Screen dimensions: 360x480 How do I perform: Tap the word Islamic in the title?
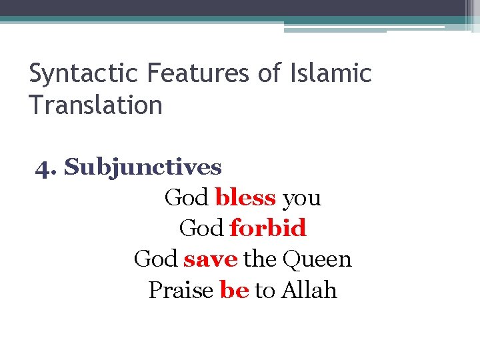pos(331,73)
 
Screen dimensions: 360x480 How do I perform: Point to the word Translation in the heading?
pos(96,105)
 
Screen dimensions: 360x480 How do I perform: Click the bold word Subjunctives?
pos(143,167)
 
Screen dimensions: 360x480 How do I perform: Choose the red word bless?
pos(245,197)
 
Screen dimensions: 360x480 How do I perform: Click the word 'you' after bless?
pos(301,199)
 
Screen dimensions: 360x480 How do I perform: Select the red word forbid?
pos(267,228)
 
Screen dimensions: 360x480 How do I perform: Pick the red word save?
pos(210,259)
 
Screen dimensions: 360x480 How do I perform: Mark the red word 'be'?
pos(233,290)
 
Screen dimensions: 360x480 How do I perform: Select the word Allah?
pos(309,290)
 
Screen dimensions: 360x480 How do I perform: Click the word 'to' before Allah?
pos(265,291)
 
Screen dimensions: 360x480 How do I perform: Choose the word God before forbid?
pos(201,228)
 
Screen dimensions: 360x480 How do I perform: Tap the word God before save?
pos(155,259)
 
